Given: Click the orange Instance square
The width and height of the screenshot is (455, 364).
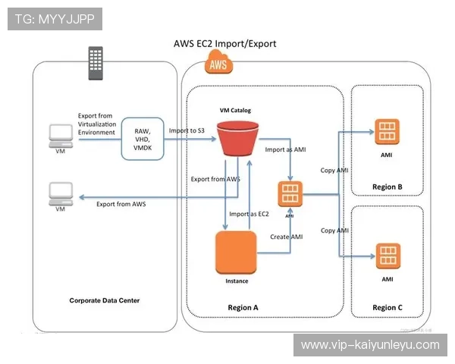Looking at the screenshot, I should (x=237, y=254).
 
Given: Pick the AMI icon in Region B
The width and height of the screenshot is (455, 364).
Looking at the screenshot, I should (x=386, y=130).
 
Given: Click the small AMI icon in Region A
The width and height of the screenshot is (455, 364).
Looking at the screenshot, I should (x=289, y=194).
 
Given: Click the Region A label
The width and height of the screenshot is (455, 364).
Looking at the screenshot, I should (x=243, y=307).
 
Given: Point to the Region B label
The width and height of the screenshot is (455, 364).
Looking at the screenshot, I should (x=388, y=187).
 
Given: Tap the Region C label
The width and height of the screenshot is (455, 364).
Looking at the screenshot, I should (x=388, y=307).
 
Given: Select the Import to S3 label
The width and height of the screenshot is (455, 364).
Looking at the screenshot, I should (x=187, y=131).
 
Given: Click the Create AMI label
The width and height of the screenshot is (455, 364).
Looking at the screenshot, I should (x=287, y=237).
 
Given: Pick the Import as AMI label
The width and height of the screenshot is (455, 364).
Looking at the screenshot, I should (x=286, y=149).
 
